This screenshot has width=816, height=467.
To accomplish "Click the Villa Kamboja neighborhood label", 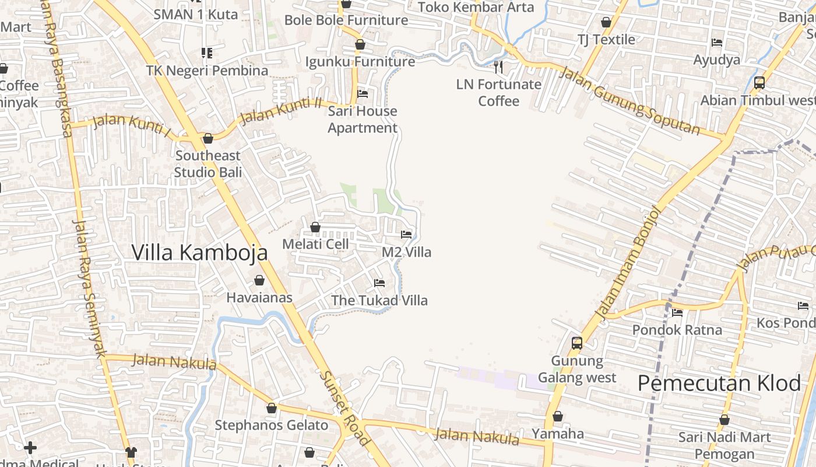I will (199, 253).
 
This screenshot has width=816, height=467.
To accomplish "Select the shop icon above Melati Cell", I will (315, 226).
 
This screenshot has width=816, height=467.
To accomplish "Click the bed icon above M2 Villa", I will (406, 235).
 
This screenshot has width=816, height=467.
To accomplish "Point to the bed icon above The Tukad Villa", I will (379, 283).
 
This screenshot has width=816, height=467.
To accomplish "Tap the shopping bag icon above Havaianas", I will (259, 280).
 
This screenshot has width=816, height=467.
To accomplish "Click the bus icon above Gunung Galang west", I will (576, 343).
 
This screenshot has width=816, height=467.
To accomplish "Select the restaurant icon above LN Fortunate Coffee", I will (498, 67).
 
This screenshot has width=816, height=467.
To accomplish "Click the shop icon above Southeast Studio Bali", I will (207, 138).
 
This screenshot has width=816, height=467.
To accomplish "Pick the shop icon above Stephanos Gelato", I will (271, 408).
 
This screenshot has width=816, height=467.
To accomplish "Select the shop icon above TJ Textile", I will (606, 23).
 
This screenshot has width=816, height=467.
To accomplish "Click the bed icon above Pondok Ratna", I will (677, 313).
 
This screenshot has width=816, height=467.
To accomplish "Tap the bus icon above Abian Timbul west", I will (759, 83).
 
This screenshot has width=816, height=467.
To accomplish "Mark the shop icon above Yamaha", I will (558, 416).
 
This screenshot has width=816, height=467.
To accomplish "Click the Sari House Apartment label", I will (363, 119).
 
